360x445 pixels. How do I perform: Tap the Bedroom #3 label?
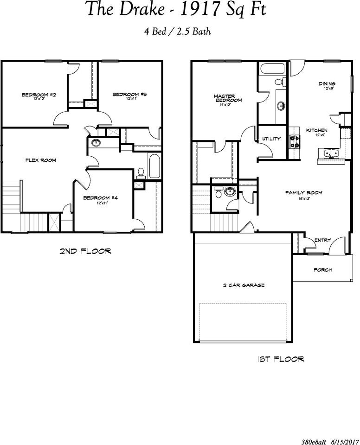(x=129, y=95)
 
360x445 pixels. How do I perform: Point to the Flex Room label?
(x=41, y=160)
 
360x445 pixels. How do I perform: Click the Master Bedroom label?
(x=228, y=98)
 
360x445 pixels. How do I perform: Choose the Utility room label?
(x=271, y=139)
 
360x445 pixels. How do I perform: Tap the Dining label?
(x=327, y=84)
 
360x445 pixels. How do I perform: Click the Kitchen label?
(x=316, y=130)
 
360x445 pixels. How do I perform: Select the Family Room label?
(x=304, y=193)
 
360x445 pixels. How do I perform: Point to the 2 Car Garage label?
(x=244, y=285)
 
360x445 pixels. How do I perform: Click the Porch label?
(x=323, y=270)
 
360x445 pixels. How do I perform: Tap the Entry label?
(x=323, y=240)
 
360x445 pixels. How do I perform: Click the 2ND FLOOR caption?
(x=85, y=251)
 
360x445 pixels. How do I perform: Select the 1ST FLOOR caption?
(x=281, y=359)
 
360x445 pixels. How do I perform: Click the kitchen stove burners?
(x=295, y=142)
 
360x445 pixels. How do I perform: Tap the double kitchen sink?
(x=331, y=153)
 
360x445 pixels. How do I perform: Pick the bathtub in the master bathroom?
(x=272, y=69)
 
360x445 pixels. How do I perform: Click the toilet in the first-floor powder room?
(x=218, y=192)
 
